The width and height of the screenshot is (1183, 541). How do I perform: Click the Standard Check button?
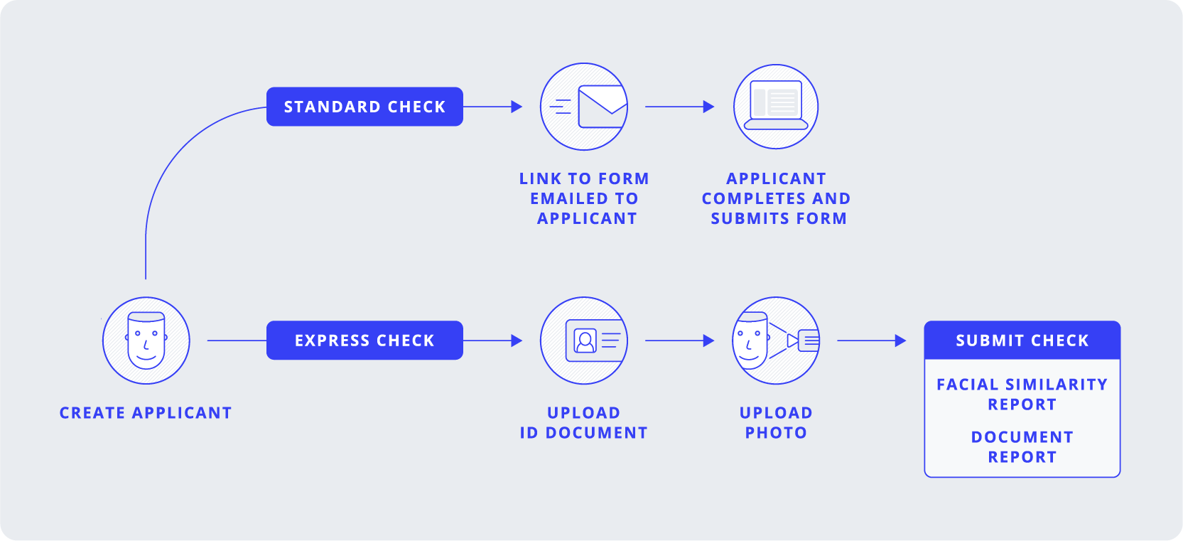click(364, 107)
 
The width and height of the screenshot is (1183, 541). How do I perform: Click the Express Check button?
click(364, 341)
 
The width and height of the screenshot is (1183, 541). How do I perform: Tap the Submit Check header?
click(1022, 341)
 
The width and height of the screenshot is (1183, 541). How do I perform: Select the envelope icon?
click(584, 107)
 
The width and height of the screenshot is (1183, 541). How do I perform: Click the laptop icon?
click(776, 107)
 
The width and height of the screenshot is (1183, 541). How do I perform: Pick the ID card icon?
click(584, 341)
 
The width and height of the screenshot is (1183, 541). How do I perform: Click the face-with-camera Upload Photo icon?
click(776, 341)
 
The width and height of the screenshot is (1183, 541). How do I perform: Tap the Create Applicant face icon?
click(146, 341)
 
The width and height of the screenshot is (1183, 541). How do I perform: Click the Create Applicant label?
click(146, 413)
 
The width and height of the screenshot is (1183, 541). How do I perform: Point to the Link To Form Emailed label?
click(584, 198)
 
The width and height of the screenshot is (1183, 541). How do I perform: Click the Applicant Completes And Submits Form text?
click(776, 198)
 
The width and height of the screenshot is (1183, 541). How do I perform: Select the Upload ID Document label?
click(584, 423)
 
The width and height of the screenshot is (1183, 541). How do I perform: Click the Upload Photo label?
click(776, 423)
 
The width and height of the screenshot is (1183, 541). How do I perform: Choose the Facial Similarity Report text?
click(1022, 395)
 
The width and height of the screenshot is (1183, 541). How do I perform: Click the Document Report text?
click(1022, 447)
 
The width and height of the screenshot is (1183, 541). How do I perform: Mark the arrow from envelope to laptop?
click(679, 107)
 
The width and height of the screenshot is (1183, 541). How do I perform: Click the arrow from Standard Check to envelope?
click(493, 107)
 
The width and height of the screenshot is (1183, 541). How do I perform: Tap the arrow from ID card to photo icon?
click(679, 341)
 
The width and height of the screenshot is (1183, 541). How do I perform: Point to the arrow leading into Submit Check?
click(872, 341)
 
